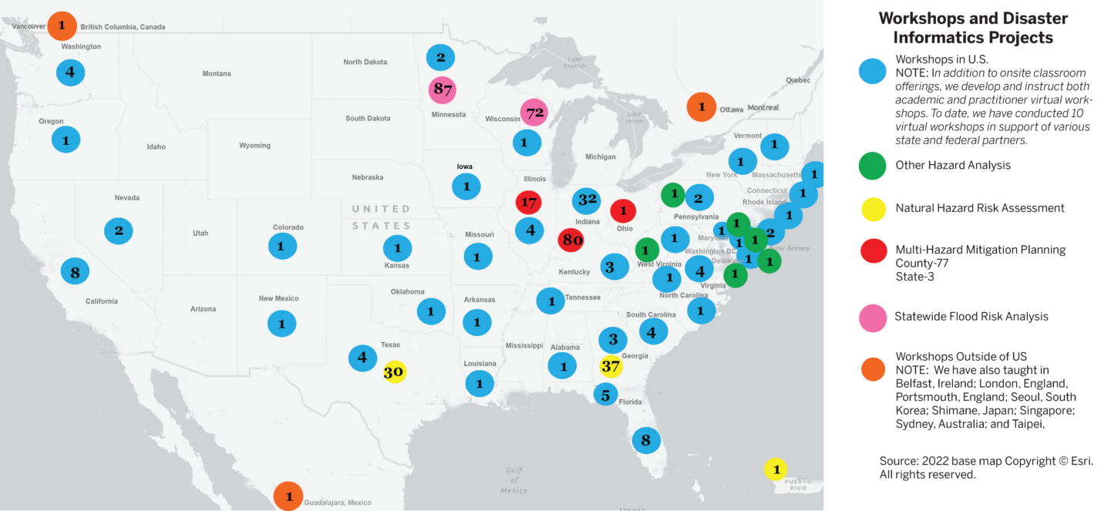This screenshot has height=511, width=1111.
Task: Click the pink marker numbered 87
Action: tap(443, 89)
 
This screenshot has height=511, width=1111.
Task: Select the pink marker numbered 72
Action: tap(534, 113)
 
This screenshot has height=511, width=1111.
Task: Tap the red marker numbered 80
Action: tap(571, 239)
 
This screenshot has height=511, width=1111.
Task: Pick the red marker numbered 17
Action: tap(529, 203)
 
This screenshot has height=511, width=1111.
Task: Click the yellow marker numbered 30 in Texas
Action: tap(393, 371)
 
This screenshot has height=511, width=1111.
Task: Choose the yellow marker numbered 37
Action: tap(611, 365)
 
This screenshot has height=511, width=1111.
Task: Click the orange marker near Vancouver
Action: tap(62, 25)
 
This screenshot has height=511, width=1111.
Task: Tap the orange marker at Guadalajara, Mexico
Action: tap(288, 496)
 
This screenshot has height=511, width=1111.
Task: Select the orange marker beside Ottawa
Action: tap(702, 106)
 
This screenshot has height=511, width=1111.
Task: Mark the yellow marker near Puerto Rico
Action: tap(776, 469)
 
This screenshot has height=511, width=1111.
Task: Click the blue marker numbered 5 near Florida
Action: tap(605, 395)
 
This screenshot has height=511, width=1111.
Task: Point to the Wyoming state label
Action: tap(254, 146)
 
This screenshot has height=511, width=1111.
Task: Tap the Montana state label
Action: tap(217, 74)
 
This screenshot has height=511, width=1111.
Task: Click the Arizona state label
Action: tap(204, 309)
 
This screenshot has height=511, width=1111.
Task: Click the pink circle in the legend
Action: tap(874, 318)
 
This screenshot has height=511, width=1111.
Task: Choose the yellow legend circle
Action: tap(874, 208)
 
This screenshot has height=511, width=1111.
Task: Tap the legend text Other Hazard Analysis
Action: tap(953, 165)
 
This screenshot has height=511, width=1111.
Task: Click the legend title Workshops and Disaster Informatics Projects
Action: tap(972, 29)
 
